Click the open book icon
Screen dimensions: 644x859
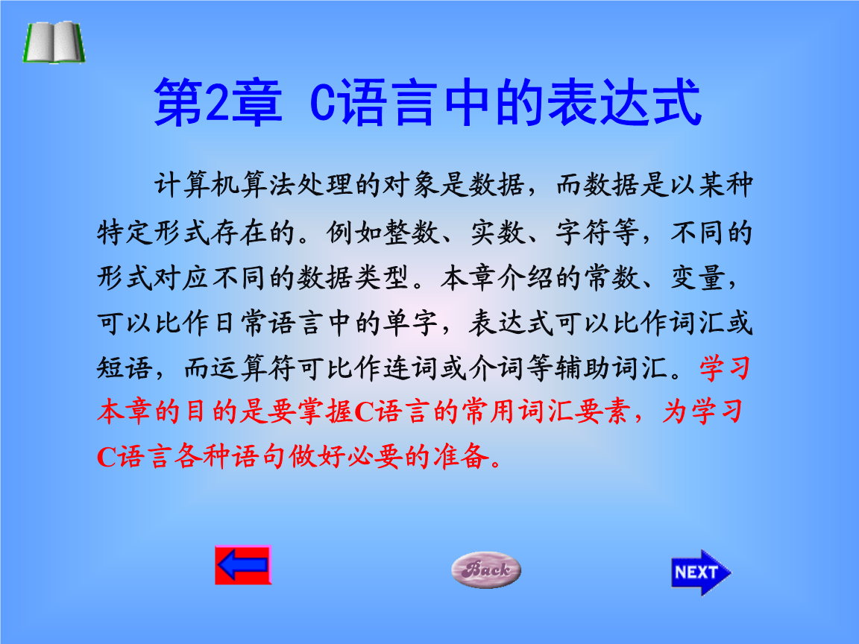coord(52,42)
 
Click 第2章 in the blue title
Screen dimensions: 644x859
coord(217,104)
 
